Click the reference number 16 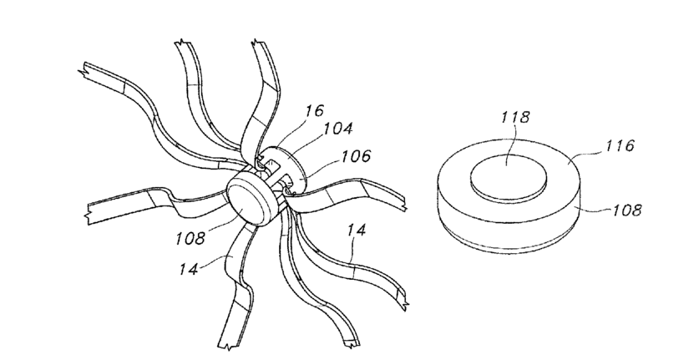pyautogui.click(x=313, y=111)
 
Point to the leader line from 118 pyautogui.click(x=510, y=141)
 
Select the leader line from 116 pyautogui.click(x=585, y=151)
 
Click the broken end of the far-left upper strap pyautogui.click(x=84, y=71)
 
